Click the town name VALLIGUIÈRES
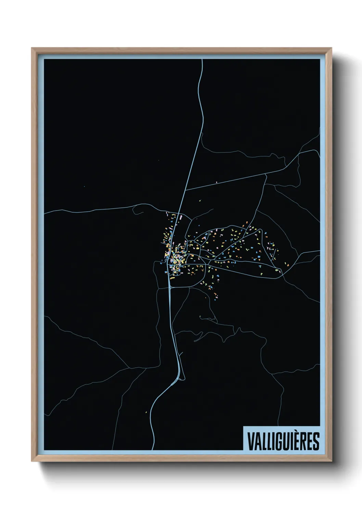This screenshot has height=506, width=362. pyautogui.click(x=283, y=441)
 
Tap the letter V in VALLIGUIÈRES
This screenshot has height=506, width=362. pyautogui.click(x=249, y=441)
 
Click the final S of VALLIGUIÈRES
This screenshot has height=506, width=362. pyautogui.click(x=315, y=441)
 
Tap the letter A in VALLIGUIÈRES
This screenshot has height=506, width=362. pyautogui.click(x=256, y=441)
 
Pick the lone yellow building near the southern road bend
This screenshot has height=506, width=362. pyautogui.click(x=146, y=412)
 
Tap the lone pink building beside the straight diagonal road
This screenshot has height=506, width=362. pyautogui.click(x=217, y=182)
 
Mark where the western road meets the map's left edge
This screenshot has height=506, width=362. pyautogui.click(x=45, y=213)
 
